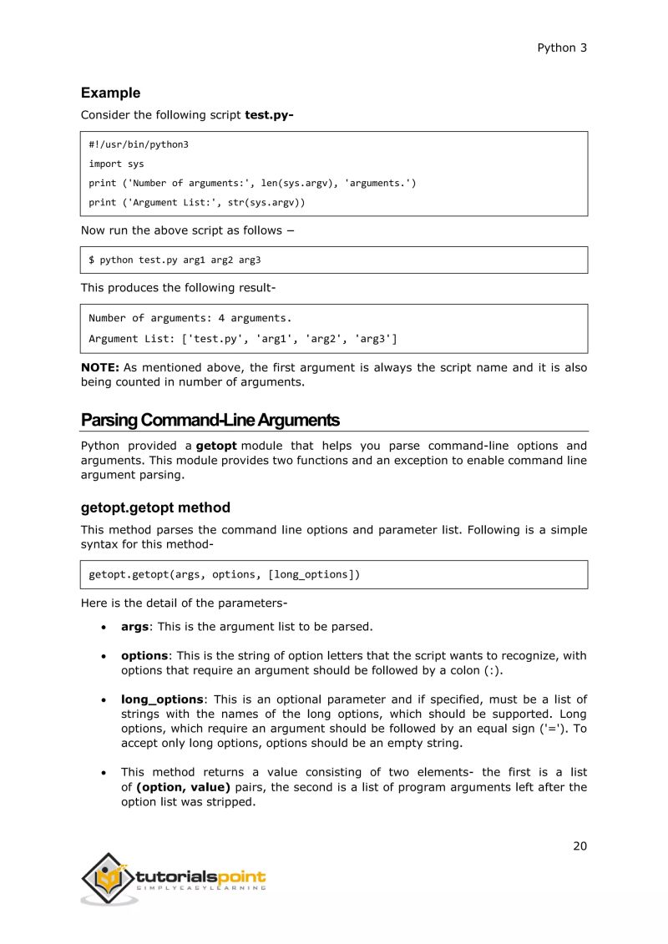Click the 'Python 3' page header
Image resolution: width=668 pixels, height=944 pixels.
coord(561,48)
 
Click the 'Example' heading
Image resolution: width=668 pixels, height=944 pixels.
coord(110,93)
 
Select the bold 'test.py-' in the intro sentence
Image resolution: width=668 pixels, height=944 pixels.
coord(269,115)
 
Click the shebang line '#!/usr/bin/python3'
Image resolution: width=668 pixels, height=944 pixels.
coord(139,144)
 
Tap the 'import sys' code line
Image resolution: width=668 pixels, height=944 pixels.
coord(117,164)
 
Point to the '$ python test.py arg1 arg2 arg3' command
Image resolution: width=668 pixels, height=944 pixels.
coord(175,260)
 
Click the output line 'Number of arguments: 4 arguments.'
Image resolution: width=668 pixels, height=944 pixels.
coord(190,317)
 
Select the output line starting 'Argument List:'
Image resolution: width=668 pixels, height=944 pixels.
coord(243,338)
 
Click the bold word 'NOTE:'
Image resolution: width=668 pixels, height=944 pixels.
coord(100,367)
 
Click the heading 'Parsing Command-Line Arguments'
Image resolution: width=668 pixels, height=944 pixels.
coord(210,420)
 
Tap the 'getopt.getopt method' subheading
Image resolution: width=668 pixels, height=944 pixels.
coord(155,507)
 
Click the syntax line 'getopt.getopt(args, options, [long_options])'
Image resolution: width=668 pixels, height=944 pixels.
coord(225,574)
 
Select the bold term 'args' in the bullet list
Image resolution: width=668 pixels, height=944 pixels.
coord(134,626)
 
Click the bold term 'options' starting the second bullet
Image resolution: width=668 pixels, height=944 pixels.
coord(144,656)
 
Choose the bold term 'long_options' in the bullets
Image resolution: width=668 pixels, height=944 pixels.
coord(162,699)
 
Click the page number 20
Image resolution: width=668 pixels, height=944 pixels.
coord(579,846)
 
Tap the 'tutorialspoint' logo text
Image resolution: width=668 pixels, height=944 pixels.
coord(200,876)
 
